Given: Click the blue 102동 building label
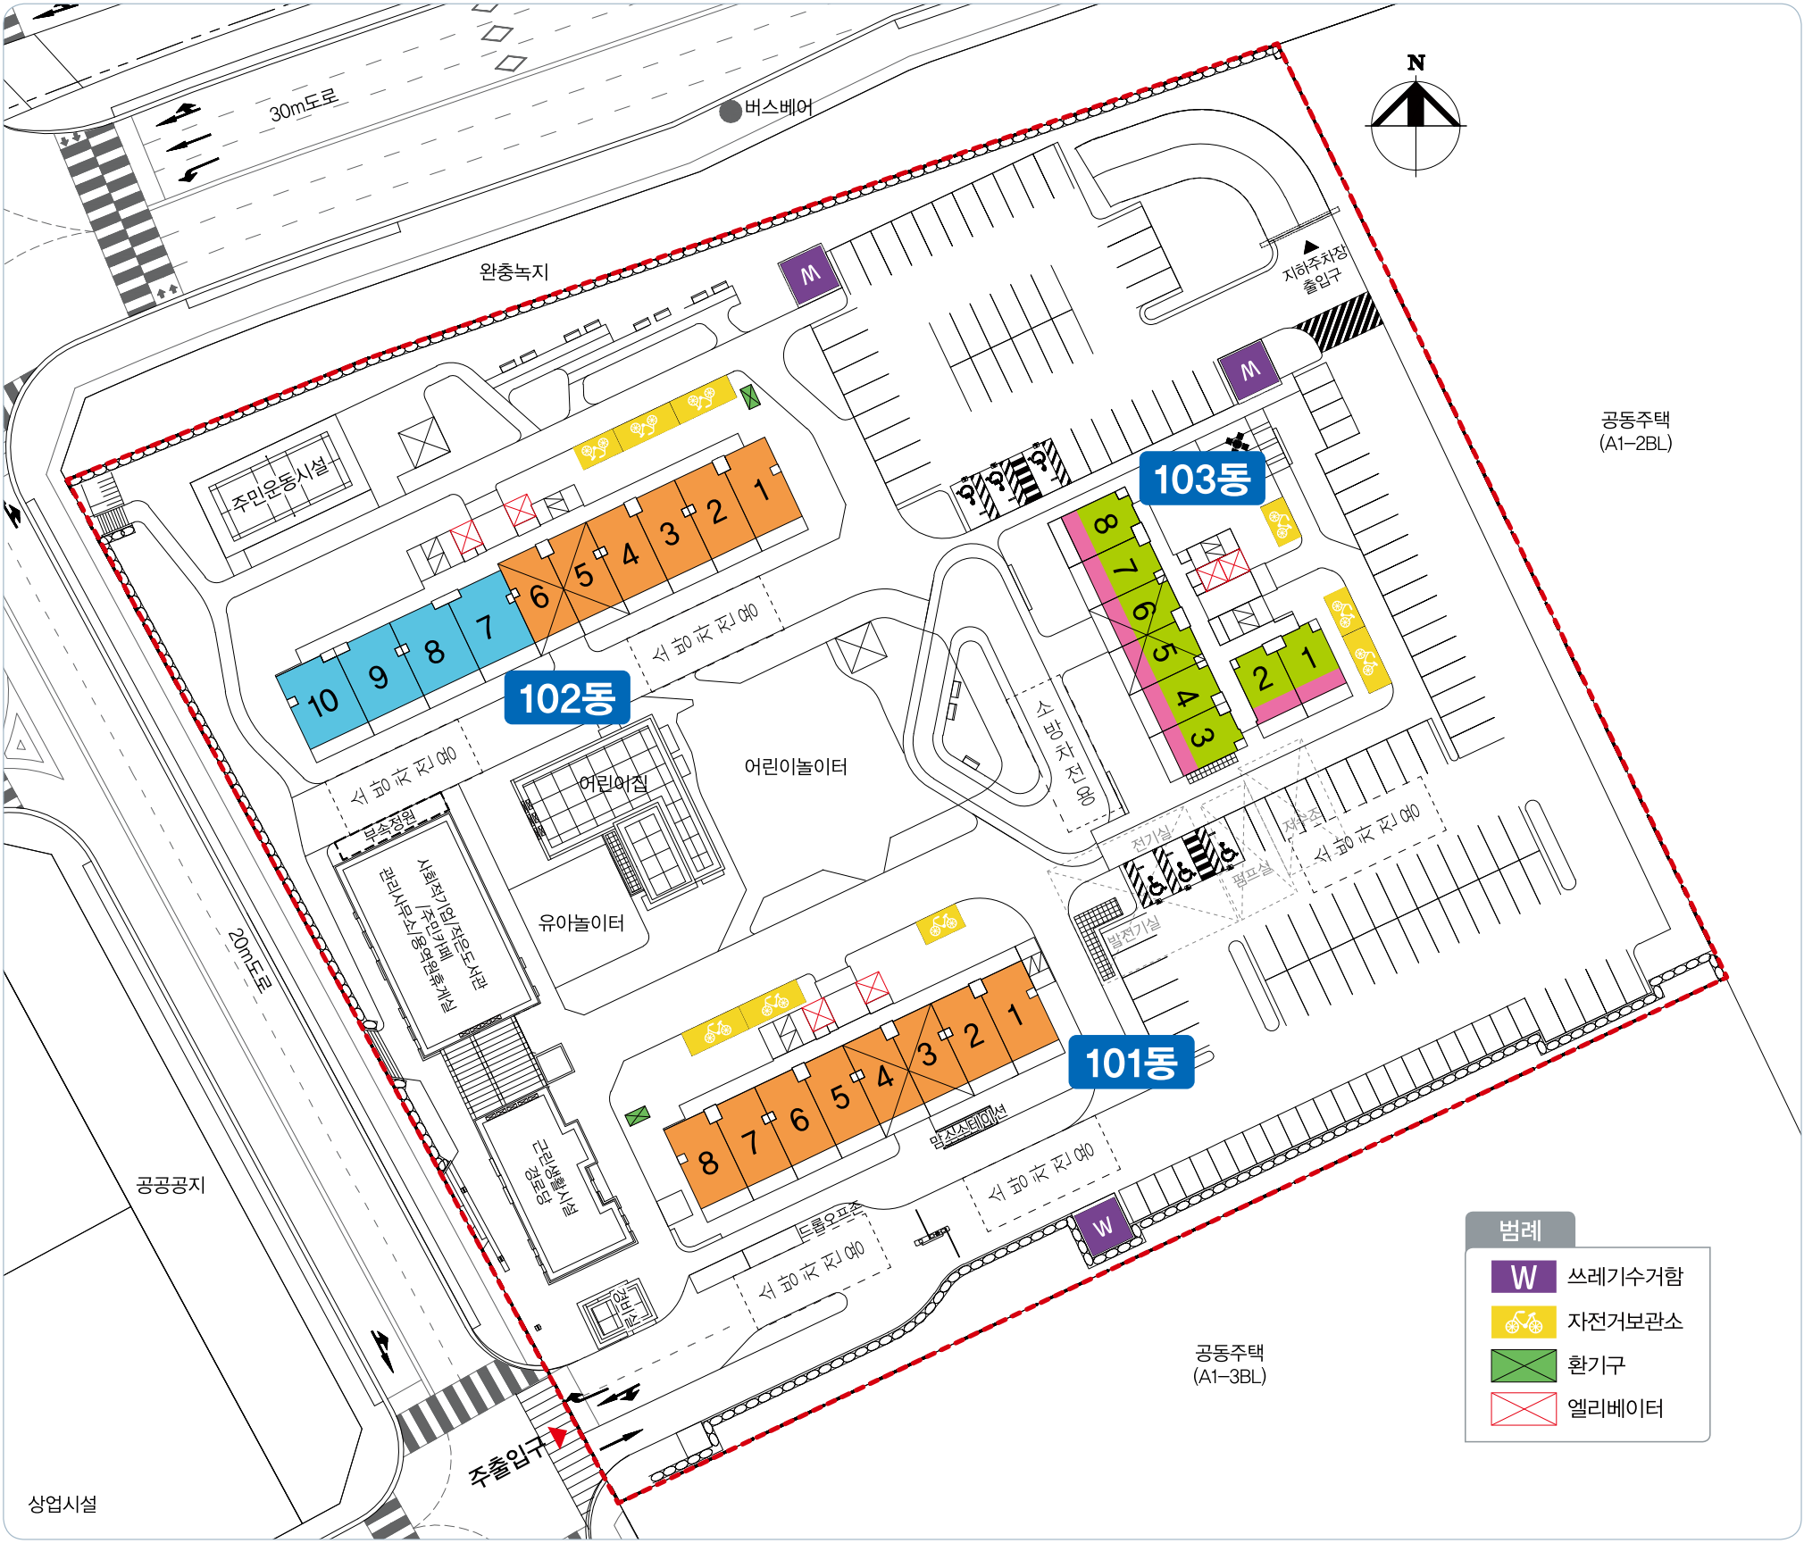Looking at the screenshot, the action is point(567,697).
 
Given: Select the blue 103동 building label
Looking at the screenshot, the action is point(1201,479).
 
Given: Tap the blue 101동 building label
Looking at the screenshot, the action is point(1131,1063).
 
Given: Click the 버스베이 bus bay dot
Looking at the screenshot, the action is point(731,111).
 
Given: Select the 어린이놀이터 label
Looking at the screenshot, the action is point(795,766).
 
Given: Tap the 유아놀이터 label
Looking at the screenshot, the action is point(580,922).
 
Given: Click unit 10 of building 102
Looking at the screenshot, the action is point(322,702).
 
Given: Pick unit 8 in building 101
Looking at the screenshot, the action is point(708,1162).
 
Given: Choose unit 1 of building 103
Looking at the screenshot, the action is point(1309,658).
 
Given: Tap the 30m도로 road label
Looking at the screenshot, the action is point(304,105).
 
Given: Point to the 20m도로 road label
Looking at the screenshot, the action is point(249,960).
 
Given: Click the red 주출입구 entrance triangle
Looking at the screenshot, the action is point(558,1436).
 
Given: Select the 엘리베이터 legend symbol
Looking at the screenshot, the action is point(1523,1409).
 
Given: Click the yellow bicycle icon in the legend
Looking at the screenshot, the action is point(1523,1322).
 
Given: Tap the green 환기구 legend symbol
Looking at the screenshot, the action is point(1523,1365).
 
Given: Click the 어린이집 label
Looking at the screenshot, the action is point(613,783).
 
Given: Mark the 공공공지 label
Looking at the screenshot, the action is point(171,1185).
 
